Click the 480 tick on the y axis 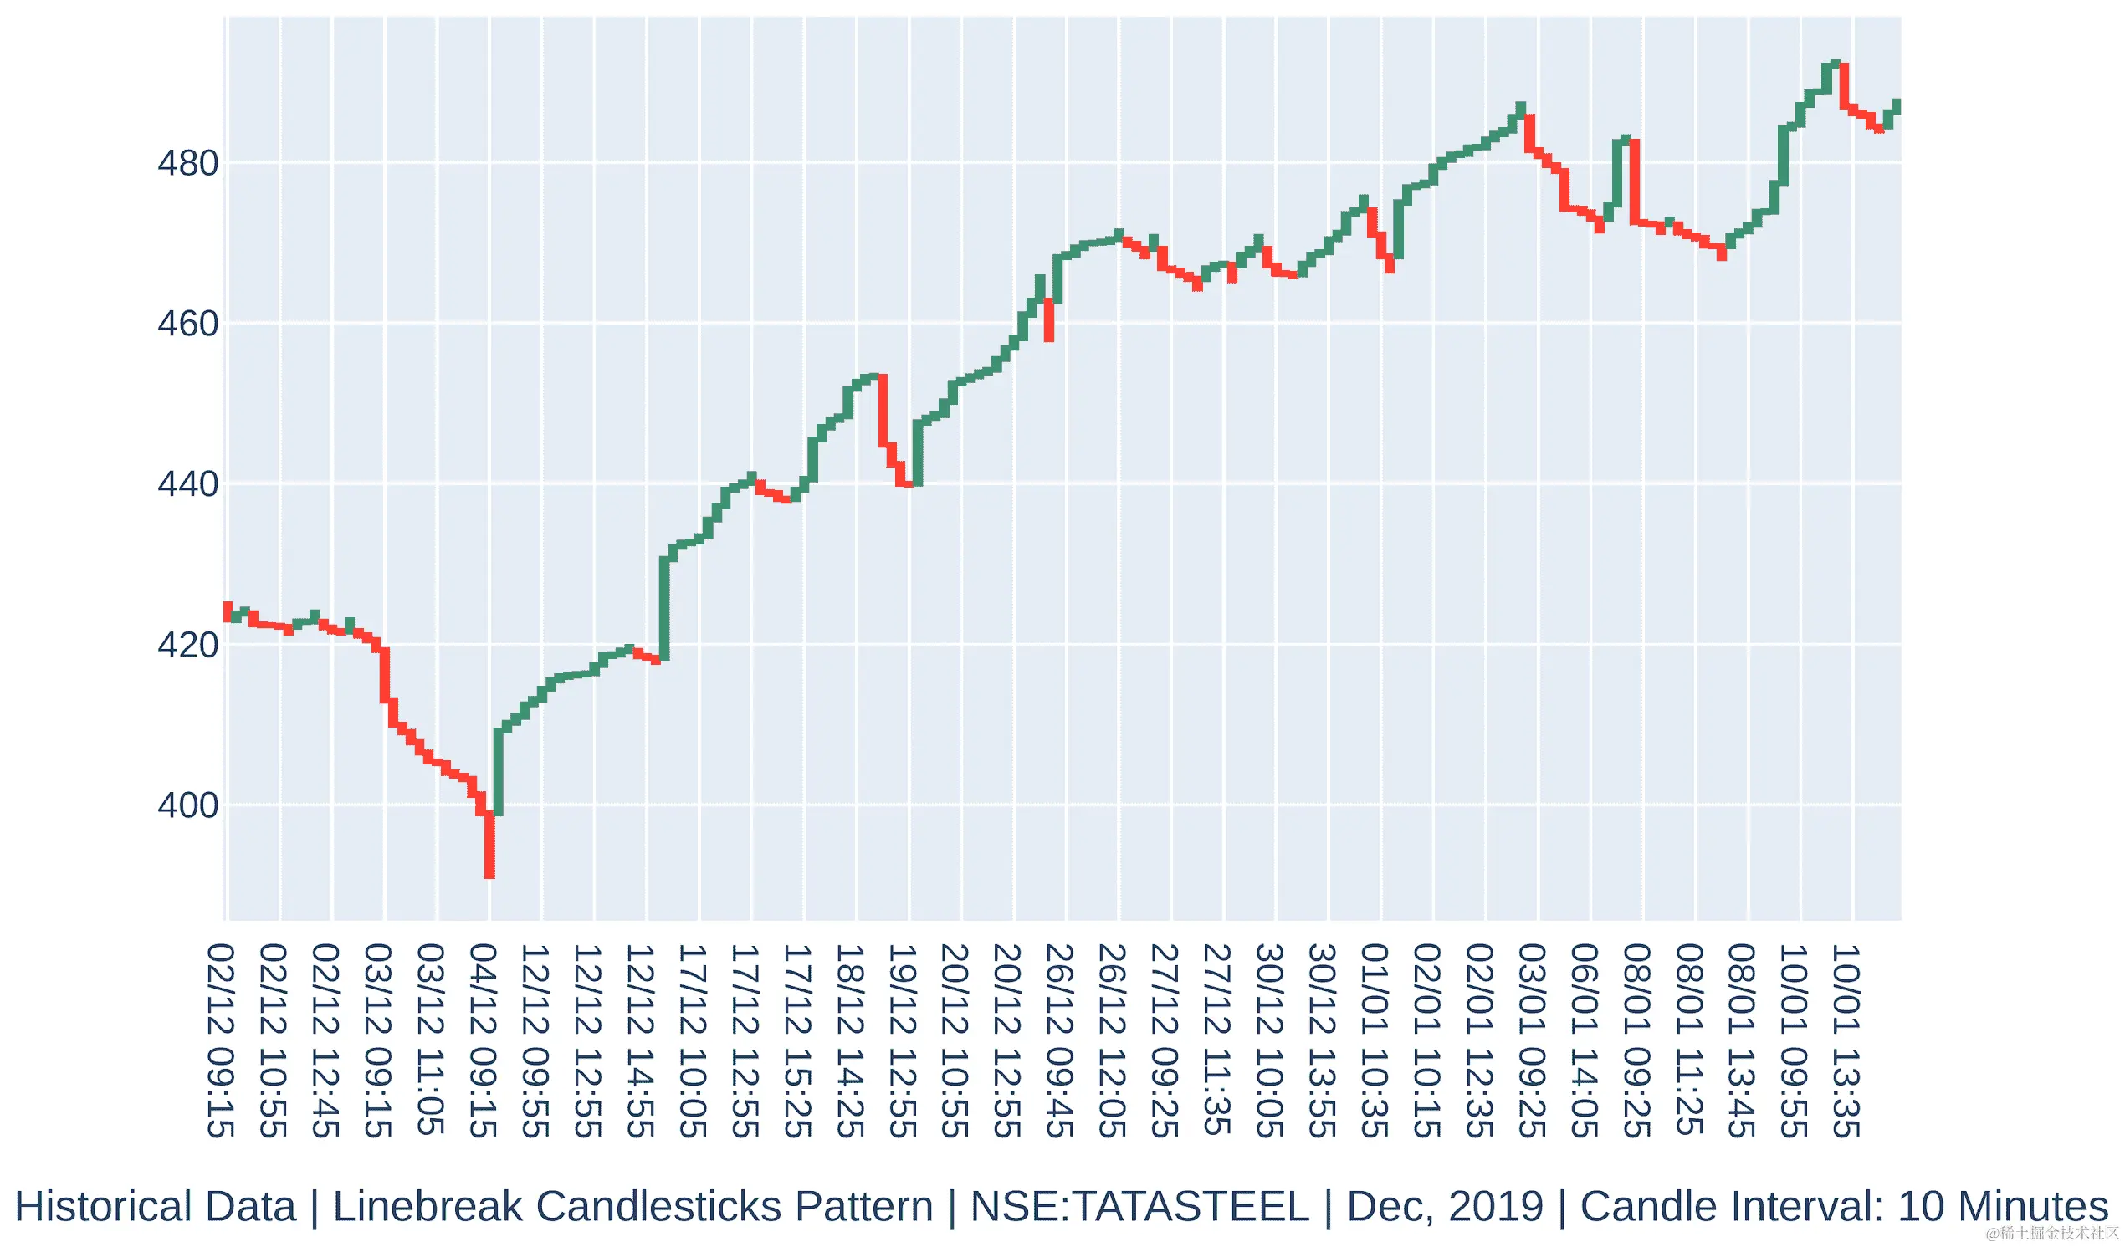(x=187, y=164)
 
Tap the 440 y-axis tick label (x=187, y=485)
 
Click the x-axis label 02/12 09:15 (x=221, y=1040)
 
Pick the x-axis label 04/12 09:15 (x=484, y=1040)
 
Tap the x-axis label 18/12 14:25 (x=852, y=1040)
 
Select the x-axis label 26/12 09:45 (x=1061, y=1040)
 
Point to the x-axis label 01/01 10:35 (x=1376, y=1040)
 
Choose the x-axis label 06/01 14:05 (x=1586, y=1040)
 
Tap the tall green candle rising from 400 (x=499, y=772)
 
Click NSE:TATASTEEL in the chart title (x=1139, y=1207)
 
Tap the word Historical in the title (x=155, y=1207)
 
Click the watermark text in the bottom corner (x=2052, y=1234)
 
